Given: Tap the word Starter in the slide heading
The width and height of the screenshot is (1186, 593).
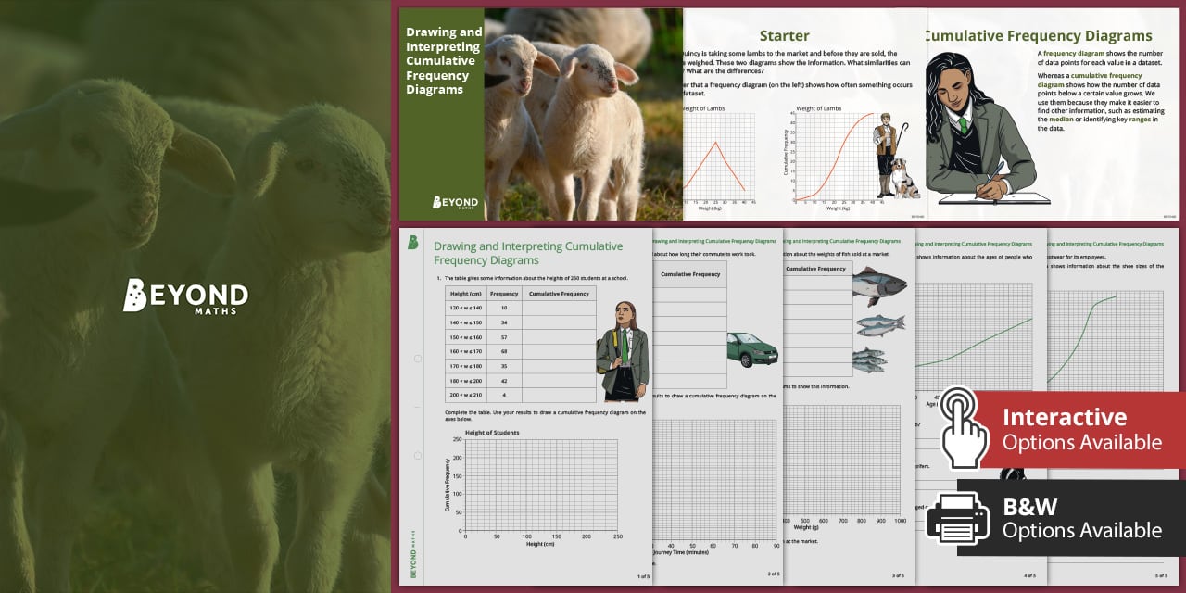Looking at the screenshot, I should (x=784, y=36).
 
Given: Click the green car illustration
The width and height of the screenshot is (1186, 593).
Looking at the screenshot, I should (x=751, y=349).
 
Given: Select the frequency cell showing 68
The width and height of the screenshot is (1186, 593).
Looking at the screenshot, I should (x=504, y=351).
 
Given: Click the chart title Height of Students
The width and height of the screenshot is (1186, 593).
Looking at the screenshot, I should (x=492, y=433).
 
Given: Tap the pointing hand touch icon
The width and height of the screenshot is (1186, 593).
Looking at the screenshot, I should (x=964, y=426).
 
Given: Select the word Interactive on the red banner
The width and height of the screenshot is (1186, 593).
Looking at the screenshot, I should (x=1065, y=417).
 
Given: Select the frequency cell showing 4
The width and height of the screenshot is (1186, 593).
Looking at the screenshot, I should (x=504, y=395).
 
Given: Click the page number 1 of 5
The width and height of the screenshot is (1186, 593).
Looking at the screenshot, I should (x=643, y=576).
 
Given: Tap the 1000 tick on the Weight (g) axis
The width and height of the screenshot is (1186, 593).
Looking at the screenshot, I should (x=899, y=522).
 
